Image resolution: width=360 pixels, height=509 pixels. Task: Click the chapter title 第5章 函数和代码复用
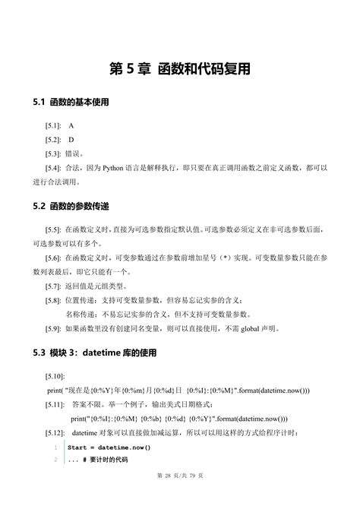[x=180, y=69]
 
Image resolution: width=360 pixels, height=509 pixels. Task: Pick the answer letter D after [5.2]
[x=71, y=139]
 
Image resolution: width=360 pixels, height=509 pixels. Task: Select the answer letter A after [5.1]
[x=71, y=125]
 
